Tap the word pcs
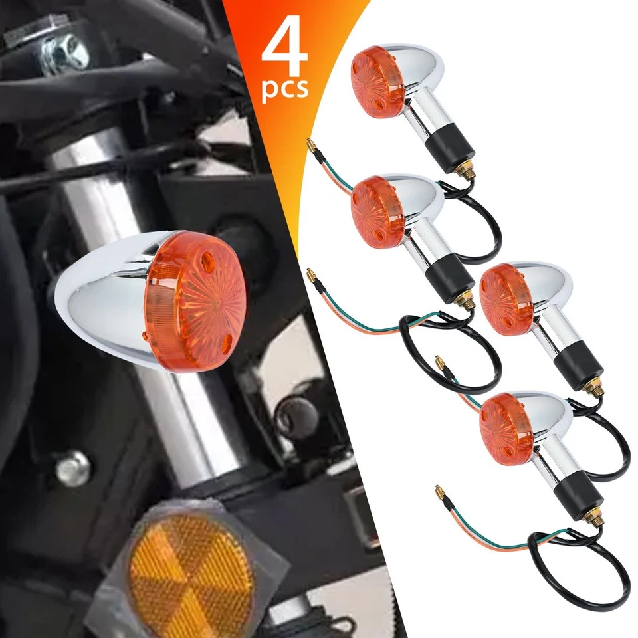[x=285, y=90]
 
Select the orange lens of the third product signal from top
[x=506, y=299]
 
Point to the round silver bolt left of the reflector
[x=72, y=468]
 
